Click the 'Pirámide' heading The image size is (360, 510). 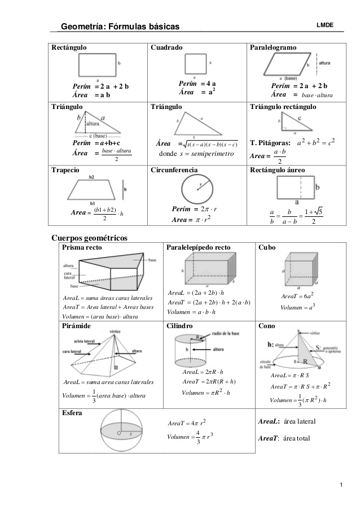click(x=76, y=326)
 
